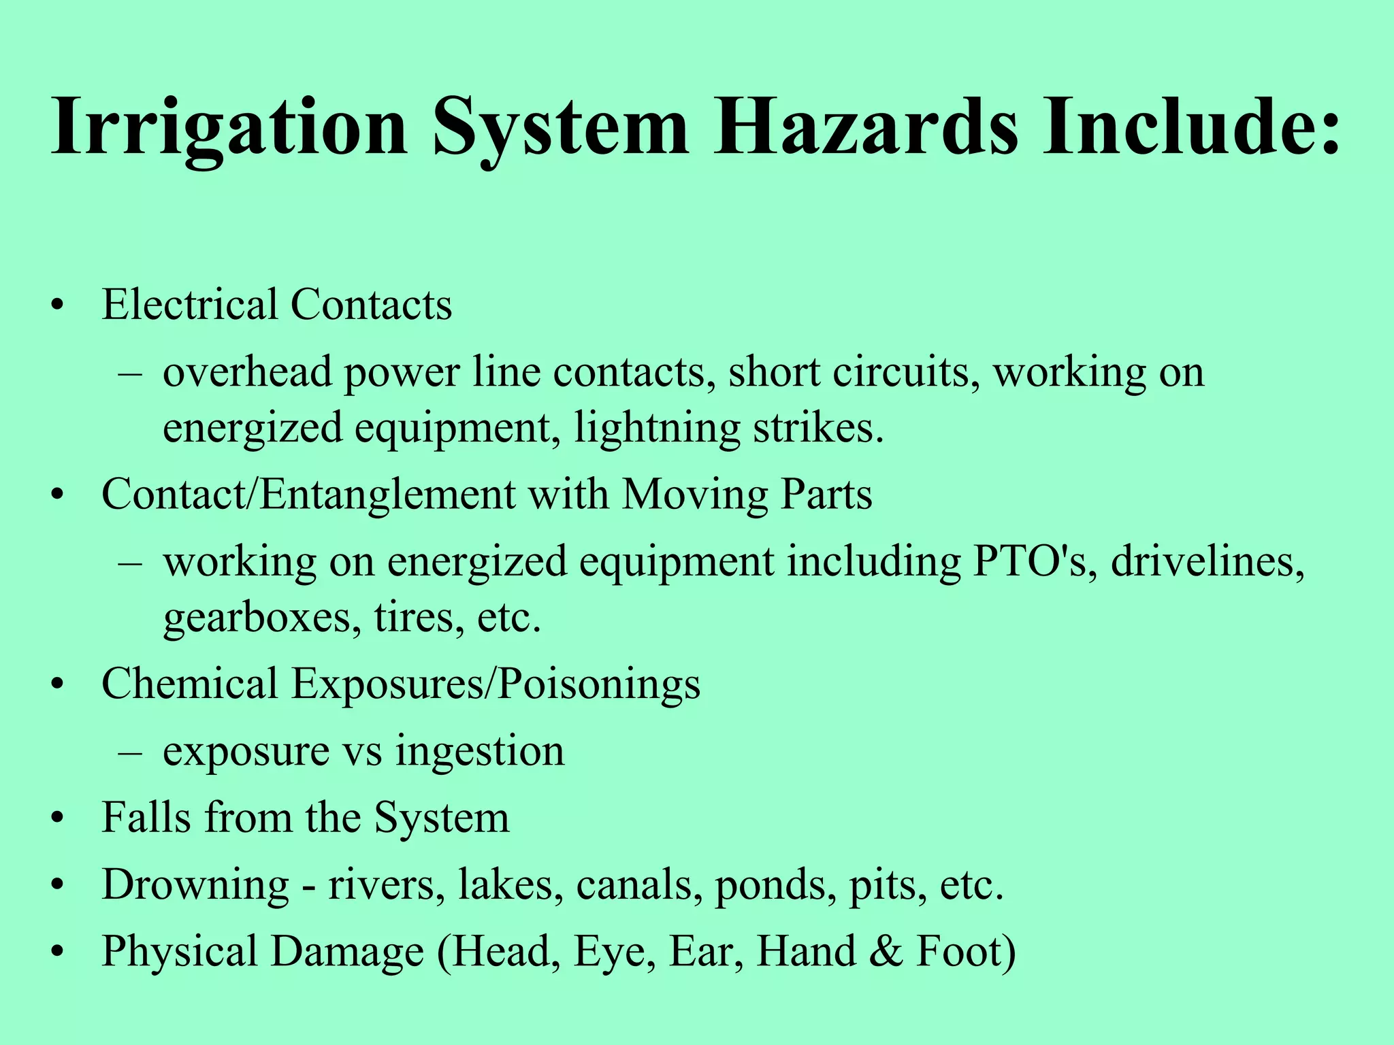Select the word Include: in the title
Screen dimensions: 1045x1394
[x=1192, y=127]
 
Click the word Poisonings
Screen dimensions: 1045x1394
[x=599, y=684]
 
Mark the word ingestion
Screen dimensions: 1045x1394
[x=480, y=752]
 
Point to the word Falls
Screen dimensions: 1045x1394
[x=146, y=818]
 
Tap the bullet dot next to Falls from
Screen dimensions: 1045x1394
[x=60, y=819]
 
